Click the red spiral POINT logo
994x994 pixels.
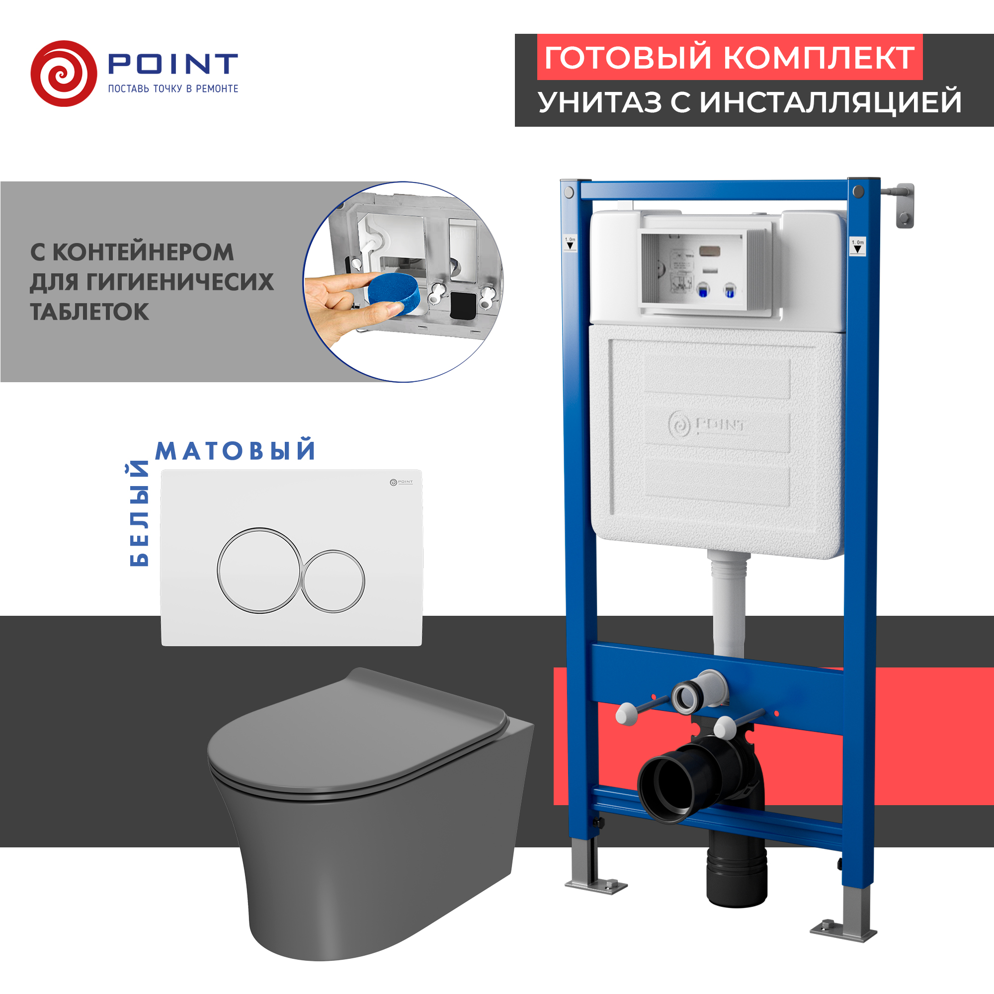64,74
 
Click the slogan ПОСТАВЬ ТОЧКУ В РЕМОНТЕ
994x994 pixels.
173,89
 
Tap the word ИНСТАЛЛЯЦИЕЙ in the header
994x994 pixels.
830,102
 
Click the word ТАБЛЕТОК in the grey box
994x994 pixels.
89,312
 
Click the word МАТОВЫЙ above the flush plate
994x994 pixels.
235,451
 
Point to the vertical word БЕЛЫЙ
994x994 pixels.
139,514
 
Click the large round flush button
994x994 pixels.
259,570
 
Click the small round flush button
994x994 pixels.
333,581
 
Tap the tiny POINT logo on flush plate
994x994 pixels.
401,482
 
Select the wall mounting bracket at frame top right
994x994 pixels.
904,205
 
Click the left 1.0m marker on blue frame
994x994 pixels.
570,244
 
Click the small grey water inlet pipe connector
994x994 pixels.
688,697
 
